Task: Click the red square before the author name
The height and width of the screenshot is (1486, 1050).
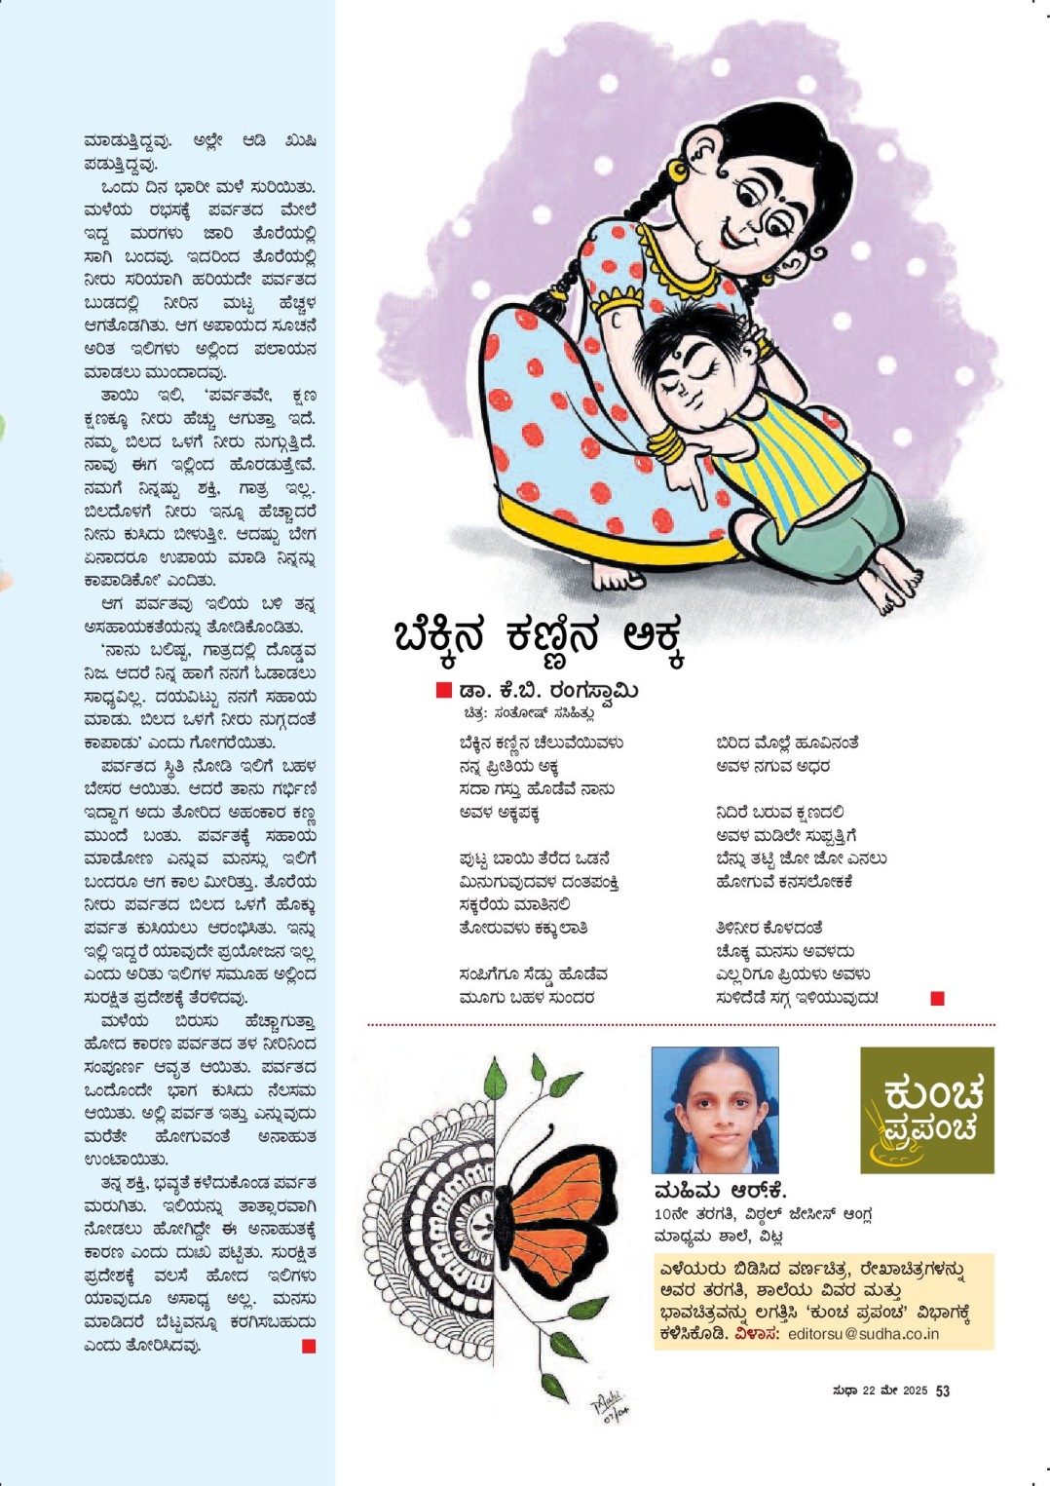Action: coord(443,691)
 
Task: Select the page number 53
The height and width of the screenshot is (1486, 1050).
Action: coord(942,1391)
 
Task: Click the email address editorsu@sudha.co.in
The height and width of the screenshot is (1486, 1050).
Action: coord(863,1334)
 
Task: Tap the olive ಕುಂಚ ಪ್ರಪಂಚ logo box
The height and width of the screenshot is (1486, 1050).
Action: coord(926,1110)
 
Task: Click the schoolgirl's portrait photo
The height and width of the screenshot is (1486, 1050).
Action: coord(714,1110)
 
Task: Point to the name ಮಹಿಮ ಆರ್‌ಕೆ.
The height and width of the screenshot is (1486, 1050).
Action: coord(720,1191)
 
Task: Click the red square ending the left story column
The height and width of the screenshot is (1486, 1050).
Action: coord(309,1346)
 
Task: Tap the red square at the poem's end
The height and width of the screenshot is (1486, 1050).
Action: coord(937,998)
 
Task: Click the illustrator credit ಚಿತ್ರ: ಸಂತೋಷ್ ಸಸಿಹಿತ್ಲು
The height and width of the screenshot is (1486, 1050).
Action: coord(529,713)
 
